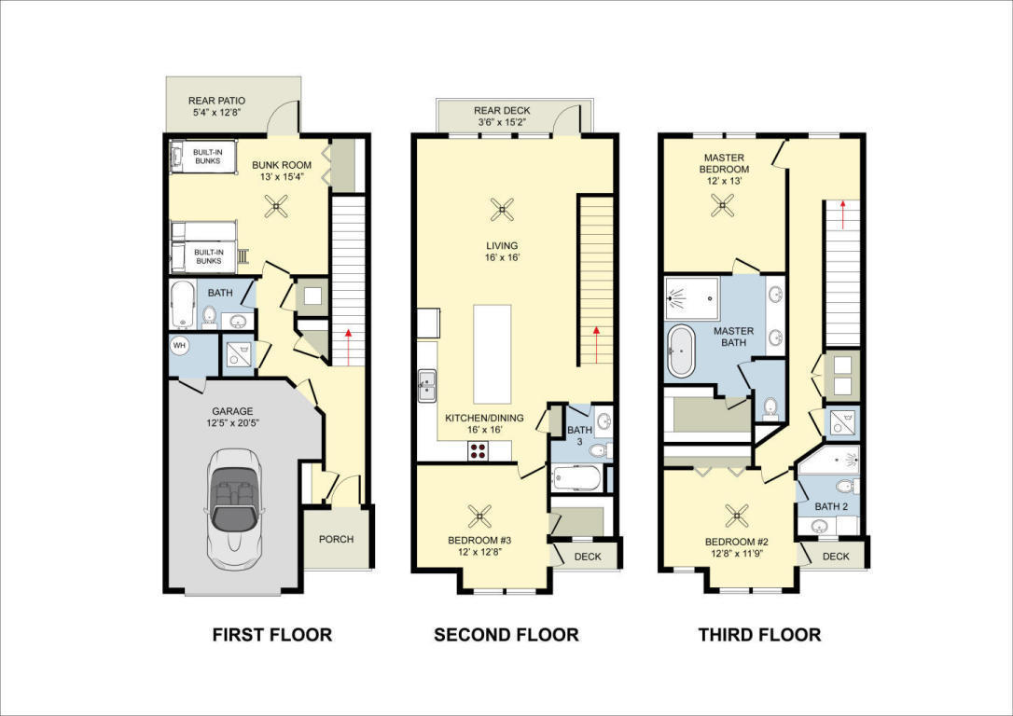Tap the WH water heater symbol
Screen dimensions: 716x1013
pos(179,345)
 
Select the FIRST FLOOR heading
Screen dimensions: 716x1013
pos(271,635)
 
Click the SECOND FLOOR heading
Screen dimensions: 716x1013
pos(506,635)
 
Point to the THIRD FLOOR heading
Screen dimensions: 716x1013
pos(759,635)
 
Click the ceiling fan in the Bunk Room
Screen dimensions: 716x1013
pos(275,206)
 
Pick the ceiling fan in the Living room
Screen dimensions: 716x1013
pos(503,210)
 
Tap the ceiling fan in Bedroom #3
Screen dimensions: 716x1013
pos(480,514)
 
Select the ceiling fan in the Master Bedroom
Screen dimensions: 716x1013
pos(723,207)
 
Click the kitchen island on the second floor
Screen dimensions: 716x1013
pos(492,353)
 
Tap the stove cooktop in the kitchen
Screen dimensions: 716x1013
pos(478,451)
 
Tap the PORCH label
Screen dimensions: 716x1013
pos(336,539)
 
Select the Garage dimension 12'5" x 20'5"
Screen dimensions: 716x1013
pos(232,423)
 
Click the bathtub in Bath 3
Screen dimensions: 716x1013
pos(576,479)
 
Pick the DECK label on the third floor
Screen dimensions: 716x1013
pos(836,557)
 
